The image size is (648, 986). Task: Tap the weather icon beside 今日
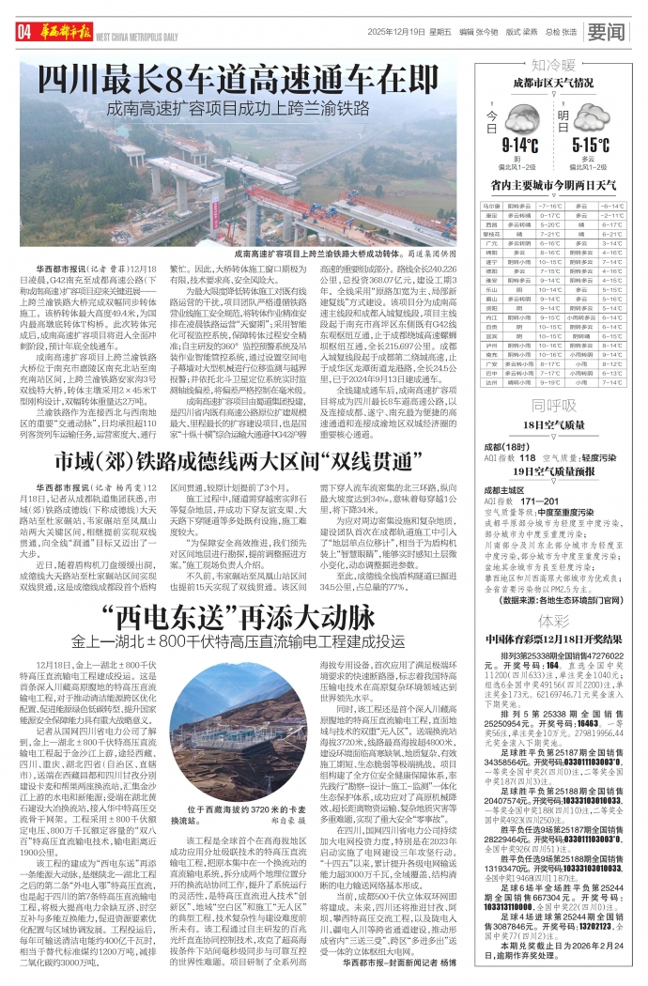tap(523, 118)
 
